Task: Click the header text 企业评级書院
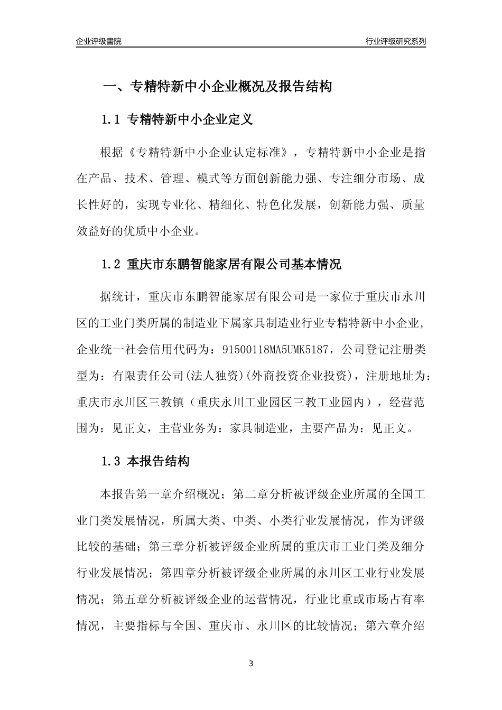tap(99, 41)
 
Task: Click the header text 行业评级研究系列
tap(395, 41)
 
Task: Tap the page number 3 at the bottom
tap(251, 664)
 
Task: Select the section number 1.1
tap(111, 120)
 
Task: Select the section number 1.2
tap(111, 264)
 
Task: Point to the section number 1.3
tap(111, 461)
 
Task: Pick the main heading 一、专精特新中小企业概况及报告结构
tap(217, 86)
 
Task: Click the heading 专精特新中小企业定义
tap(191, 120)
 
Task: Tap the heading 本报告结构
tap(159, 461)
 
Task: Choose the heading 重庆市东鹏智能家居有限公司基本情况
tap(235, 264)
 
